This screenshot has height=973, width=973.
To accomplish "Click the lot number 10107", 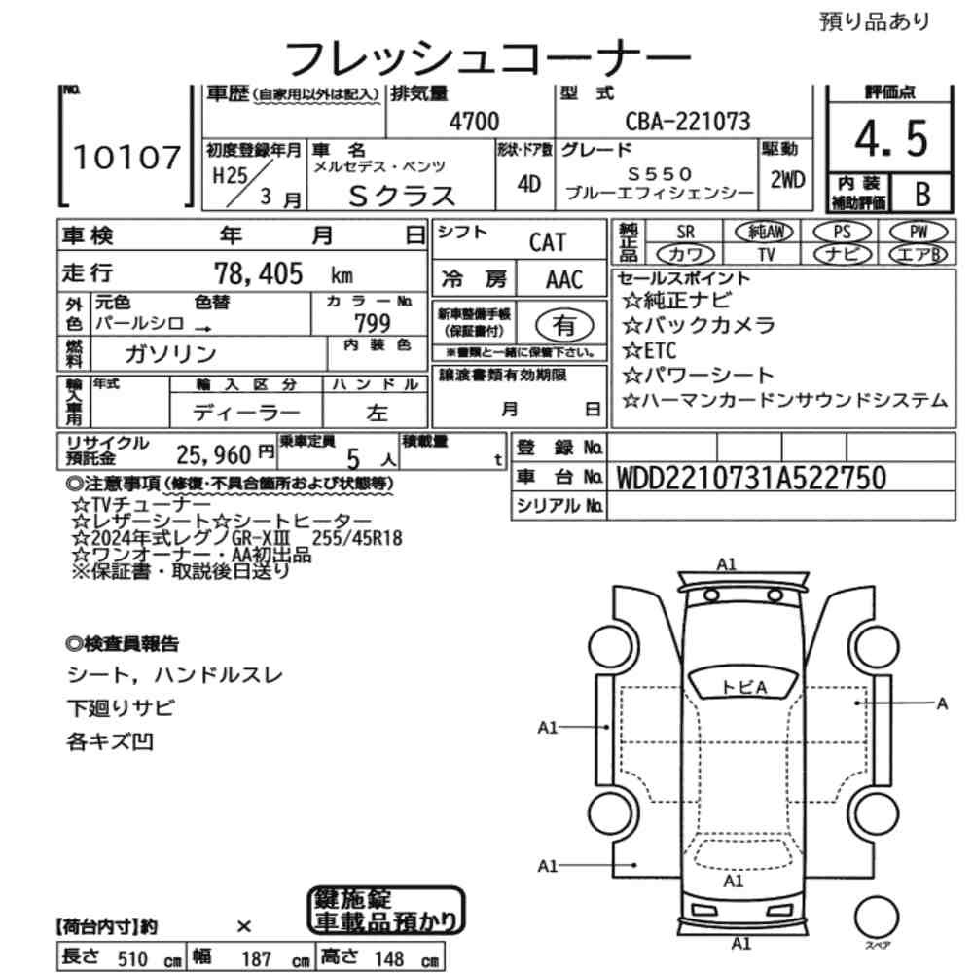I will [126, 159].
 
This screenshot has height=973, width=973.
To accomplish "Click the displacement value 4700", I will [474, 122].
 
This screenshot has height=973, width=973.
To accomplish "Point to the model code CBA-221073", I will [687, 122].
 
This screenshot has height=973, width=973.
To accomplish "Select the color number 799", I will [373, 323].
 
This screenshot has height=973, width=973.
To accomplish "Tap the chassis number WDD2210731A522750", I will [751, 477].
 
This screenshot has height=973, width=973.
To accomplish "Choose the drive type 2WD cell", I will [786, 180].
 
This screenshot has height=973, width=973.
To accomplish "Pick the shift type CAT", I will [547, 242].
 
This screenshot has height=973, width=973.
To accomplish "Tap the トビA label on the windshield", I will [744, 687].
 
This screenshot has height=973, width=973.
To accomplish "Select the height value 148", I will [387, 959].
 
